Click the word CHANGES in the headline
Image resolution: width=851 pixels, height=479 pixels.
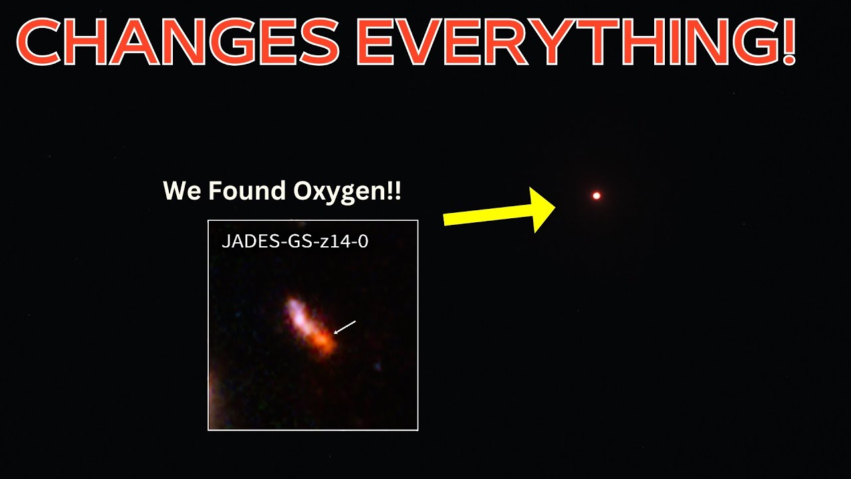click(x=178, y=41)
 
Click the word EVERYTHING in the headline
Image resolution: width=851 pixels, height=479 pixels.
click(x=562, y=41)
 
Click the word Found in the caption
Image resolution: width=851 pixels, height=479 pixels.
click(x=247, y=190)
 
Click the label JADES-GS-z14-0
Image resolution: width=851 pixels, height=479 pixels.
click(x=295, y=241)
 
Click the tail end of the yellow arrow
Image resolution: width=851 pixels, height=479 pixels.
click(x=445, y=220)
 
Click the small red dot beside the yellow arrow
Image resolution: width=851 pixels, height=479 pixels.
click(x=596, y=196)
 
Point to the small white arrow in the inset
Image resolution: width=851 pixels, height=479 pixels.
click(x=344, y=327)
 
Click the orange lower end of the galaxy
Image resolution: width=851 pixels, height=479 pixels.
click(x=323, y=343)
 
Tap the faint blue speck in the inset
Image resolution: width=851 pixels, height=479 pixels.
click(x=377, y=367)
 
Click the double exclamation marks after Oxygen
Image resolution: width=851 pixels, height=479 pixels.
click(x=394, y=190)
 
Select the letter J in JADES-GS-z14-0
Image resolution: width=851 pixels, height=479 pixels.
click(x=225, y=241)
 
